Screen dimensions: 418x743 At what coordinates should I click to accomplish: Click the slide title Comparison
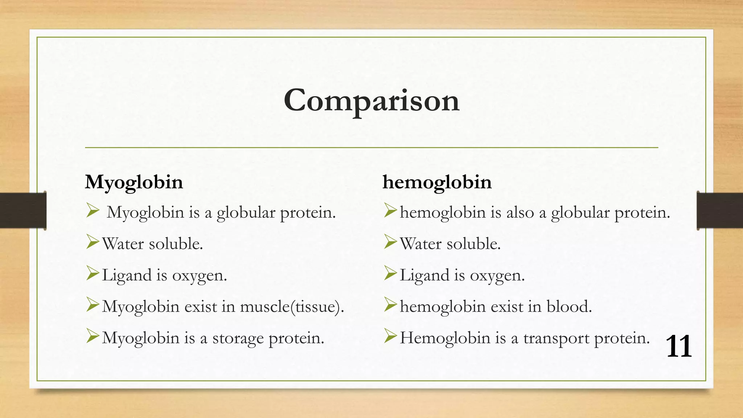pos(371,101)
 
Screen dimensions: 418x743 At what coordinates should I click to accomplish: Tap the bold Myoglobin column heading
pos(134,182)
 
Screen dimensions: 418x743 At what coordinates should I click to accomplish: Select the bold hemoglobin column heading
pos(437,182)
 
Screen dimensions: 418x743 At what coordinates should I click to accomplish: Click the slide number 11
pos(679,346)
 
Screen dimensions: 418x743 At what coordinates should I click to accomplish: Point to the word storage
pos(238,339)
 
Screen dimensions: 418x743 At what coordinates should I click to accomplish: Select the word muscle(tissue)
pos(292,307)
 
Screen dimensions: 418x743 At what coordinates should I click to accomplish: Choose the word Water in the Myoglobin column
pos(123,244)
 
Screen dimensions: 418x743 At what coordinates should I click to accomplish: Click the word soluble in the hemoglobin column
pos(473,244)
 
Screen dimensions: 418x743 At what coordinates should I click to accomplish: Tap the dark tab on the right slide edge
pos(720,210)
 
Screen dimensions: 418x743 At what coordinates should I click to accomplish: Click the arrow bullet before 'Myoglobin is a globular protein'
pos(93,210)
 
